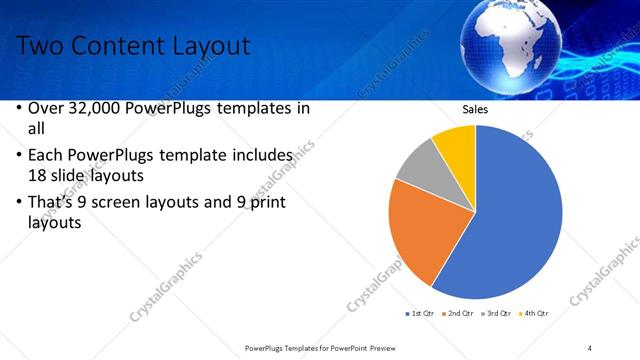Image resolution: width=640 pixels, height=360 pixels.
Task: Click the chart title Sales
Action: pyautogui.click(x=475, y=109)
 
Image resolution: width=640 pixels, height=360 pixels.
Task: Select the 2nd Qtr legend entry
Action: pyautogui.click(x=458, y=314)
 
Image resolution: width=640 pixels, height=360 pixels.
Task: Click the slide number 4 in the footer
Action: pyautogui.click(x=590, y=347)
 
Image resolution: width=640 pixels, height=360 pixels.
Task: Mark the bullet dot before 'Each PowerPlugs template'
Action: pyautogui.click(x=21, y=157)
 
